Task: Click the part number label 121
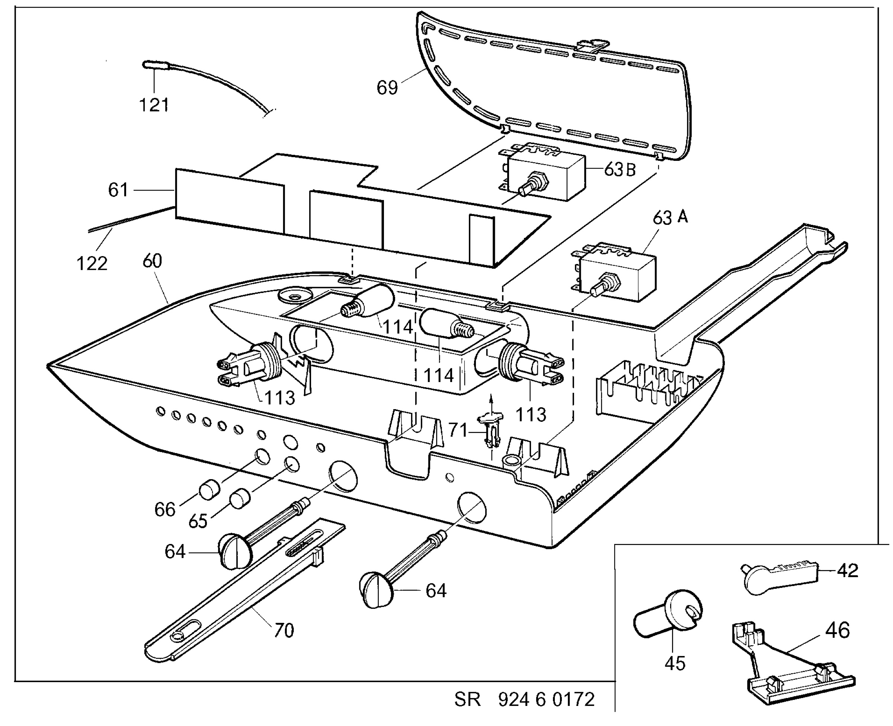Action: (154, 105)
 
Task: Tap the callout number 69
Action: (387, 88)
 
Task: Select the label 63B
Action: (620, 170)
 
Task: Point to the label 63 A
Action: (670, 217)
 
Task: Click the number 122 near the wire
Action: (92, 264)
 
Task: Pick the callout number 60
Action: (152, 261)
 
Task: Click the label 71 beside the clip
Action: (458, 430)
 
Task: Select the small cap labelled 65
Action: (240, 498)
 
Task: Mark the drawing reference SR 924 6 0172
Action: (524, 699)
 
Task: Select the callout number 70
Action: (284, 630)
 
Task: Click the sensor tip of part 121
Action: (150, 65)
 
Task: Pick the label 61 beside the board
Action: (118, 190)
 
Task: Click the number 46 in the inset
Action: (838, 630)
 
